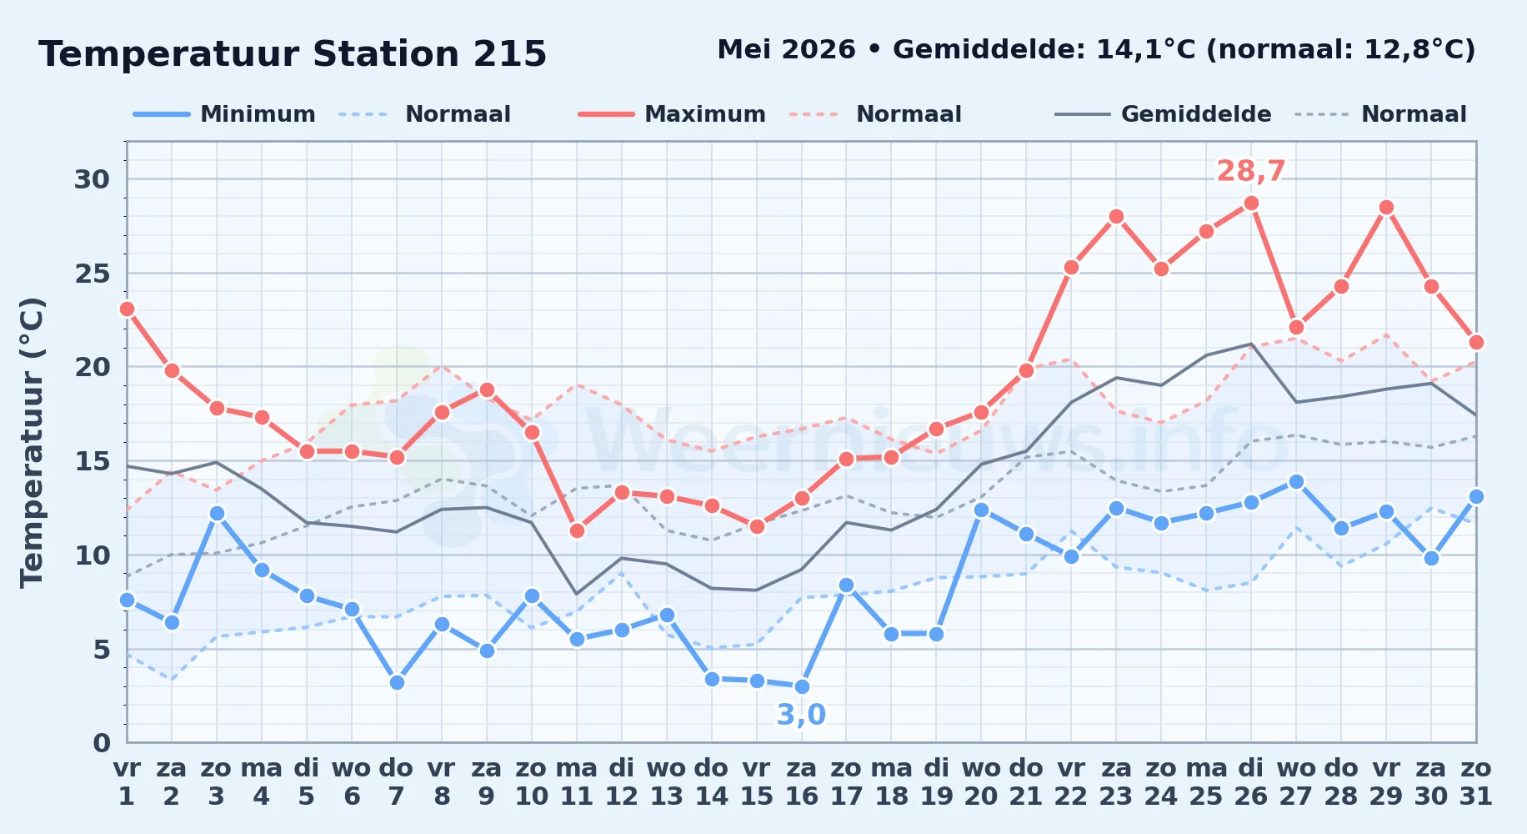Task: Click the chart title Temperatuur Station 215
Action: point(293,54)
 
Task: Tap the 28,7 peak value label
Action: point(1251,171)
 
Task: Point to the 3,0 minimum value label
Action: point(801,715)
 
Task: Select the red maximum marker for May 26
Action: point(1251,203)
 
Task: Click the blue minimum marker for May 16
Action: point(802,686)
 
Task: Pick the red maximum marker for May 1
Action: point(127,309)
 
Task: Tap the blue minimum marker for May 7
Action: point(397,682)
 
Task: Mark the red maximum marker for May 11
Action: point(577,530)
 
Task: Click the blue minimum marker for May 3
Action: point(217,513)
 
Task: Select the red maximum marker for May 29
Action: point(1386,208)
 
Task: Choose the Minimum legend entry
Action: point(224,114)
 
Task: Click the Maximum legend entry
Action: point(672,114)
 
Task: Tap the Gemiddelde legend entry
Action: point(1164,114)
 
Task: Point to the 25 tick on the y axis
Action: point(93,274)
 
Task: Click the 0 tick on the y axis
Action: point(102,743)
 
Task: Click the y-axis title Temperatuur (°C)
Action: point(32,442)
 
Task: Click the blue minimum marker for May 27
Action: point(1296,481)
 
